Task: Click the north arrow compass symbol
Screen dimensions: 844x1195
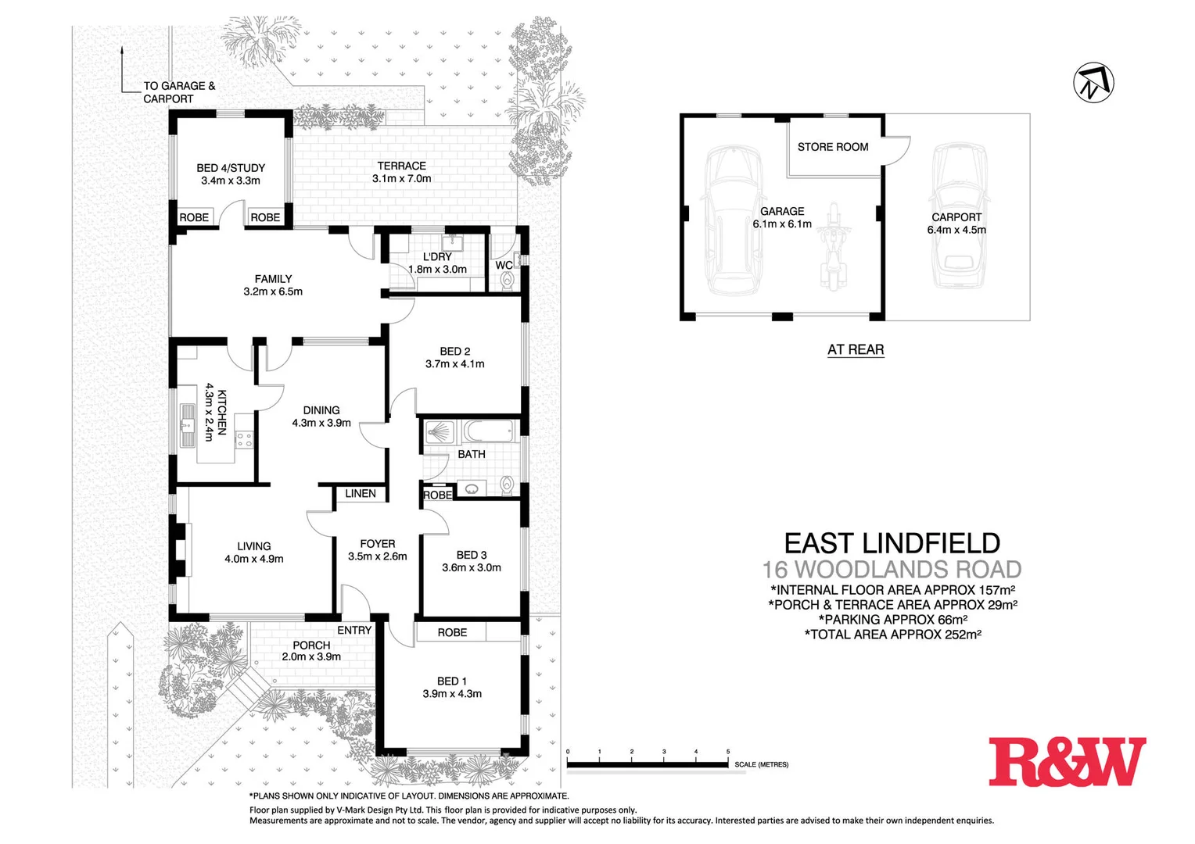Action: click(x=1093, y=82)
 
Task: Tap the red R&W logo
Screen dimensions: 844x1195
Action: click(x=1066, y=761)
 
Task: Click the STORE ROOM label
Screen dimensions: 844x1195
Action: click(x=832, y=147)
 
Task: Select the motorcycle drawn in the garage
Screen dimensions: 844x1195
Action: click(x=834, y=245)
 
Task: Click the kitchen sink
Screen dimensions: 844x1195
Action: click(x=188, y=426)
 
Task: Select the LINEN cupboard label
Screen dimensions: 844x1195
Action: click(x=361, y=493)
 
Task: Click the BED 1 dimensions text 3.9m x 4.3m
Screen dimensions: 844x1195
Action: click(x=452, y=694)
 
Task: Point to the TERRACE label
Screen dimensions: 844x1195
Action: click(x=401, y=166)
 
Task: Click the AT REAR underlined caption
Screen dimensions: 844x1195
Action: click(x=856, y=349)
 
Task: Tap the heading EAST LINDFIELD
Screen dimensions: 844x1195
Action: click(x=892, y=543)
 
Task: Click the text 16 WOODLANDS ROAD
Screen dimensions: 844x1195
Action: click(x=892, y=570)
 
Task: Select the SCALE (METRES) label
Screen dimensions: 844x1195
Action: click(x=761, y=764)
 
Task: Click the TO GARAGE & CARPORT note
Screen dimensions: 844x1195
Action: click(x=178, y=92)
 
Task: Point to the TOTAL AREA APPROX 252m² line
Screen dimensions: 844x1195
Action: click(x=892, y=635)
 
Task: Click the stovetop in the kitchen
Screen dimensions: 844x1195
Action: click(x=245, y=439)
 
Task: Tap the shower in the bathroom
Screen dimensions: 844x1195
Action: click(x=440, y=432)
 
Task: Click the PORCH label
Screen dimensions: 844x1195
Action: click(x=311, y=645)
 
